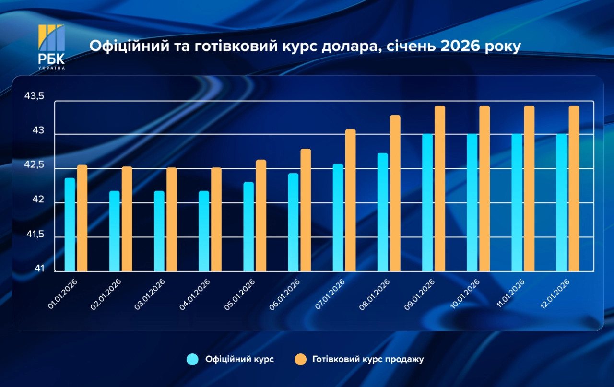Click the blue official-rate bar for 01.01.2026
point(70,224)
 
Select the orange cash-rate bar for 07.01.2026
point(350,200)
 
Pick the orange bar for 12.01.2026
point(574,188)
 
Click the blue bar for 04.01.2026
point(204,231)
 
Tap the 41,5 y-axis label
point(34,235)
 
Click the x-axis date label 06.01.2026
point(285,294)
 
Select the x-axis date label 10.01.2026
point(464,294)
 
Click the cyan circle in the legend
point(193,359)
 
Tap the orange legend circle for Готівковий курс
point(300,359)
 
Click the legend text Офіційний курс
point(239,359)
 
